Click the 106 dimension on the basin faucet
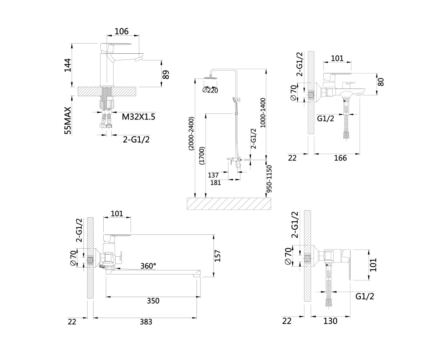click(x=122, y=31)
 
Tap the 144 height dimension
click(x=68, y=65)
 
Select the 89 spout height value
click(x=166, y=75)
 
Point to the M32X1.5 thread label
click(x=138, y=117)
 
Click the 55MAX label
click(x=68, y=121)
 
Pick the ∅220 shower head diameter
click(x=210, y=90)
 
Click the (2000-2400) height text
click(x=191, y=134)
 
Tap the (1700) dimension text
click(x=202, y=156)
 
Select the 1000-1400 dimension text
click(x=262, y=113)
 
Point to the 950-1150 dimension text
click(x=269, y=179)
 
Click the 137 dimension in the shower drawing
click(x=213, y=175)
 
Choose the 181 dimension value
click(x=216, y=183)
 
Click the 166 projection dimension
click(x=340, y=158)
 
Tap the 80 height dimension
click(x=381, y=82)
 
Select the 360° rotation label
click(x=148, y=266)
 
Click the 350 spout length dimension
click(x=153, y=301)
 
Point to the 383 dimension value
click(x=146, y=322)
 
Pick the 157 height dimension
click(x=218, y=256)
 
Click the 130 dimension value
click(x=330, y=321)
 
